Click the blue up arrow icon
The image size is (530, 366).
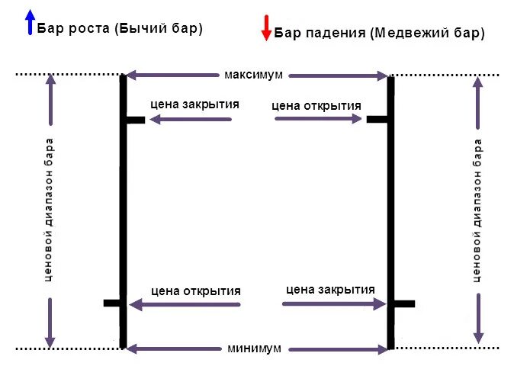pyautogui.click(x=30, y=23)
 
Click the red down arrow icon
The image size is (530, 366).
pyautogui.click(x=266, y=27)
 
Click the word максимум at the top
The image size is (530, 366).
pyautogui.click(x=254, y=75)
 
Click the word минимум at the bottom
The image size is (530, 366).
pyautogui.click(x=255, y=348)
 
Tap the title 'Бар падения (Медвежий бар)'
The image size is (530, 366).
pyautogui.click(x=379, y=33)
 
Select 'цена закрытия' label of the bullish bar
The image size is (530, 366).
pyautogui.click(x=195, y=105)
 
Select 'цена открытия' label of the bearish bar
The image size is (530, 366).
pyautogui.click(x=316, y=105)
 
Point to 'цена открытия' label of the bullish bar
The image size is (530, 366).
pyautogui.click(x=196, y=291)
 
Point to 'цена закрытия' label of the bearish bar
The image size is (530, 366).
pyautogui.click(x=330, y=289)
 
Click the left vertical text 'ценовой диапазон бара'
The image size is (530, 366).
pyautogui.click(x=50, y=210)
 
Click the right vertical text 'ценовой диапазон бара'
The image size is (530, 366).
pyautogui.click(x=478, y=210)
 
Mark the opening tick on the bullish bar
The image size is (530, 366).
pyautogui.click(x=111, y=303)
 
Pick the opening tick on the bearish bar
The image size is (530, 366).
pyautogui.click(x=377, y=119)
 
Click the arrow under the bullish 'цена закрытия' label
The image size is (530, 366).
pyautogui.click(x=190, y=120)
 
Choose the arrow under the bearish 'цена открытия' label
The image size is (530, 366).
pyautogui.click(x=318, y=119)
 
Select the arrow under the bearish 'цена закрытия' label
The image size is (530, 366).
pyautogui.click(x=334, y=303)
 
